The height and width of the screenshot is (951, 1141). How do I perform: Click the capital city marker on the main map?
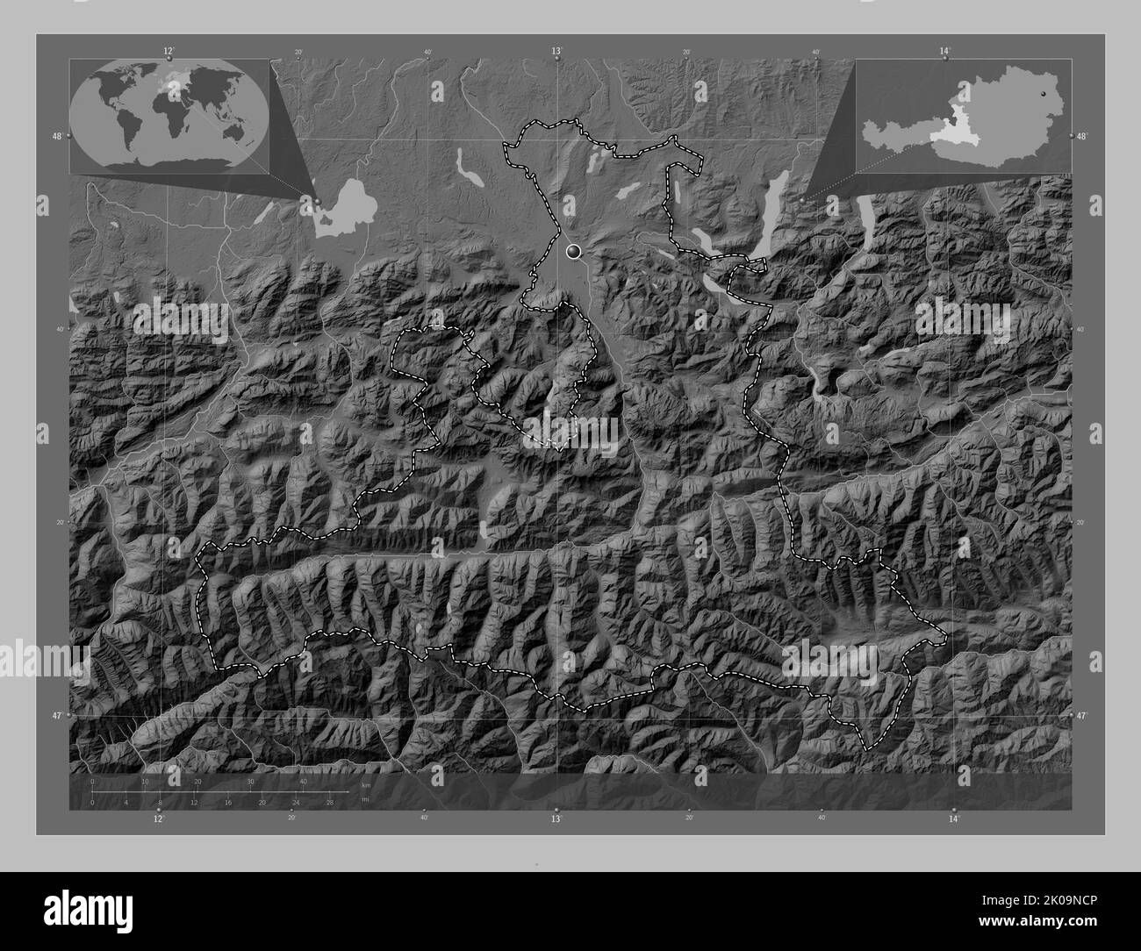tap(574, 252)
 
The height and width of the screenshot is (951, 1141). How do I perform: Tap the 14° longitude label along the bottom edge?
tap(953, 819)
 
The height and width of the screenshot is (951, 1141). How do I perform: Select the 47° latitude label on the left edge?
tap(56, 716)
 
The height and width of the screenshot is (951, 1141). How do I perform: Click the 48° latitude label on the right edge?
tap(1082, 136)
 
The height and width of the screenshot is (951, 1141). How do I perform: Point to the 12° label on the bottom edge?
tap(159, 819)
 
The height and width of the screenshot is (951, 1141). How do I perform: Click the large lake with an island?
tap(342, 208)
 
